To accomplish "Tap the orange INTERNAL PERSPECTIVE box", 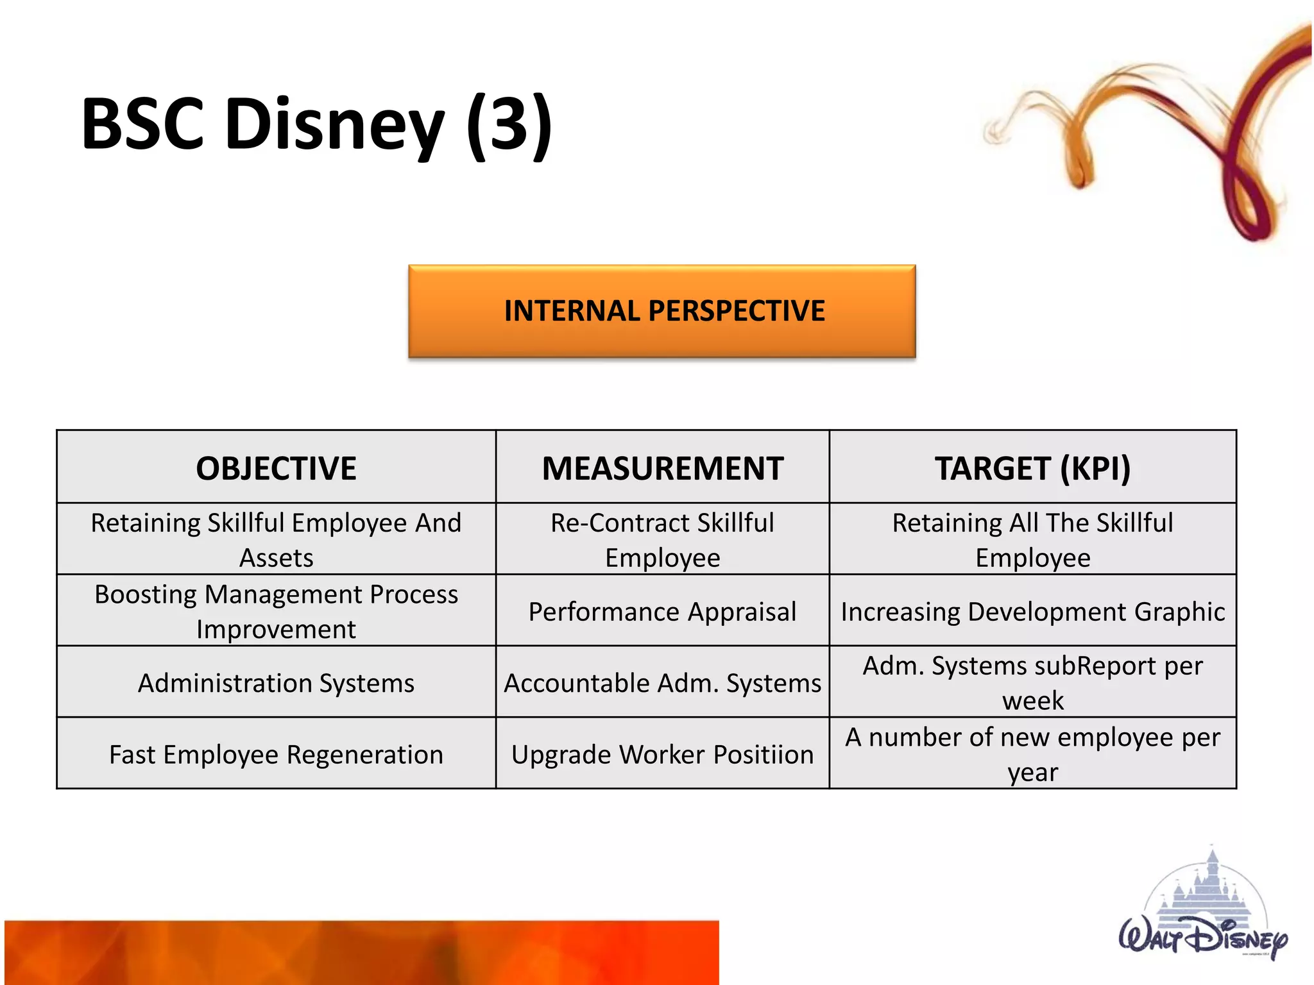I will pos(661,311).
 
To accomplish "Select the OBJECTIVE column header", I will pos(276,467).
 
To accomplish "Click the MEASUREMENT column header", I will pos(662,467).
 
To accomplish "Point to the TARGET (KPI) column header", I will pos(1032,467).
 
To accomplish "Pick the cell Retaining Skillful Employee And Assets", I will pos(276,539).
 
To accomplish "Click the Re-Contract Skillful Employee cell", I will pos(662,539).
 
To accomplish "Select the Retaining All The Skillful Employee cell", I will pos(1032,539).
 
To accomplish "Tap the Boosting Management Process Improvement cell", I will pos(276,610).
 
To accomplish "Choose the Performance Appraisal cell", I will pos(662,611).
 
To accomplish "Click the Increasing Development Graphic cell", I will pos(1032,611).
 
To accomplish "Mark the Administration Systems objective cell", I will pos(276,682).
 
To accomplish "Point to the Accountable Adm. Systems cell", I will pos(662,682).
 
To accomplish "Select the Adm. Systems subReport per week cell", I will pos(1032,682).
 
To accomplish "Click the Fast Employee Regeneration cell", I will pos(276,754).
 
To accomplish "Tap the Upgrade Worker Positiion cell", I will pos(662,754).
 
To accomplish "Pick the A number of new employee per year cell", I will pos(1032,754).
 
